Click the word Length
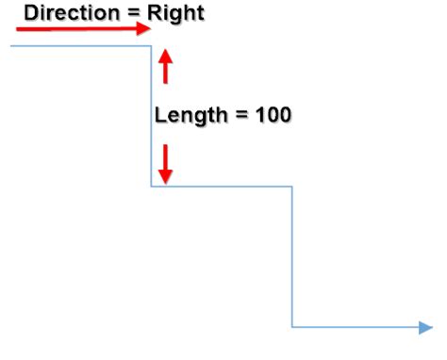point(188,115)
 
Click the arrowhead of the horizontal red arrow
point(144,29)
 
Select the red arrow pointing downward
point(166,164)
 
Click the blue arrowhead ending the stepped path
point(425,327)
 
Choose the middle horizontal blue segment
point(222,186)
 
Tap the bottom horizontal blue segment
point(354,327)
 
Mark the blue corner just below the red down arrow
point(152,186)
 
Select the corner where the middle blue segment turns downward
point(292,186)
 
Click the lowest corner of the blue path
point(292,327)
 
